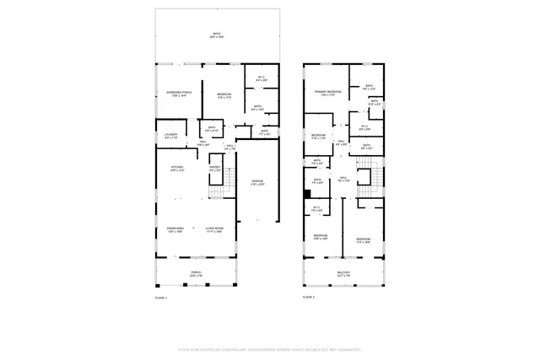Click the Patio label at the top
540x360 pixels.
point(218,33)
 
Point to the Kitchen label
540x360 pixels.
point(177,168)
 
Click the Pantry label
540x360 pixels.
point(215,168)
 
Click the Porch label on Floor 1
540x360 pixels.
point(196,271)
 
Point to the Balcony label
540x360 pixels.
point(344,272)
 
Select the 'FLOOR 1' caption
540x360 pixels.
point(161,298)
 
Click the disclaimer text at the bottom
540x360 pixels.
point(269,350)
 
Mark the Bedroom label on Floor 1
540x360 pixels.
point(224,93)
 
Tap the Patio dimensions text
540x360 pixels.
point(218,38)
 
